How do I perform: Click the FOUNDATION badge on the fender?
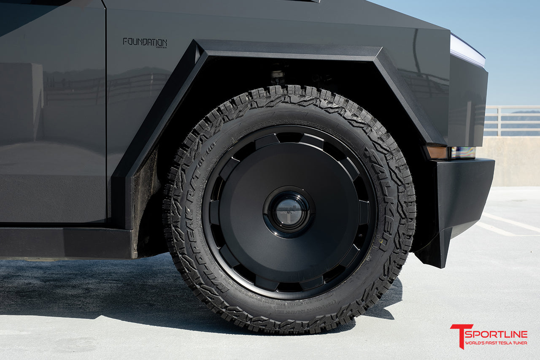(x=145, y=43)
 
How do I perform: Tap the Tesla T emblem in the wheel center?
(x=289, y=212)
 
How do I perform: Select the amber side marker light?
(x=437, y=152)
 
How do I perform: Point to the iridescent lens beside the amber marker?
(x=462, y=152)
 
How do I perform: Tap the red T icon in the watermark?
(x=456, y=335)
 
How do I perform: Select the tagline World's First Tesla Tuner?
(x=496, y=343)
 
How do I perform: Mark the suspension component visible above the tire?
(x=278, y=76)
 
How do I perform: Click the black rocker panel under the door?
(x=63, y=243)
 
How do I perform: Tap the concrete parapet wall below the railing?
(x=513, y=160)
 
